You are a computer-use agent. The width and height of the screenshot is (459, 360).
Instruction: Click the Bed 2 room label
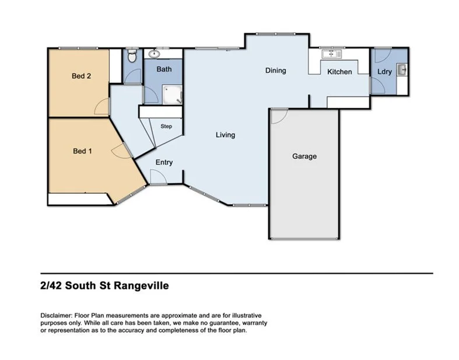pos(82,75)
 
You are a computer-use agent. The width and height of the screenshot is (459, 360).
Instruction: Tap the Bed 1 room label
pos(82,151)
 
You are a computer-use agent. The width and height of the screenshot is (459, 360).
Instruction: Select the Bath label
pos(164,69)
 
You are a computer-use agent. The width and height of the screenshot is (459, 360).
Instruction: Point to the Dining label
pos(276,71)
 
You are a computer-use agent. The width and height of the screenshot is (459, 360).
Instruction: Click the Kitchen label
pos(339,72)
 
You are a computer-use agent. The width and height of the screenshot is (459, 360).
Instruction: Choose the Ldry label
pos(384,72)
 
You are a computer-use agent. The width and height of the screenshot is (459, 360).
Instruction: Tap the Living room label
pos(225,135)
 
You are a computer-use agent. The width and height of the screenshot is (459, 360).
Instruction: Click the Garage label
pos(304,156)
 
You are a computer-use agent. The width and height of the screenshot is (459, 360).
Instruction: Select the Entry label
pos(164,162)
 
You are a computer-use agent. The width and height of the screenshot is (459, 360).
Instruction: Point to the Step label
pos(166,126)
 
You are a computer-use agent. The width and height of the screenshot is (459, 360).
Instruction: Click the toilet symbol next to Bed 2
pos(132,57)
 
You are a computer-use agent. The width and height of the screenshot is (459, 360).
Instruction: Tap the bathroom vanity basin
pos(155,54)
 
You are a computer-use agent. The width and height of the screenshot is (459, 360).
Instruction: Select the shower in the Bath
pos(173,94)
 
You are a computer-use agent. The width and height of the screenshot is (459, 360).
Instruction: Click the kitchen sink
pos(332,54)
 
